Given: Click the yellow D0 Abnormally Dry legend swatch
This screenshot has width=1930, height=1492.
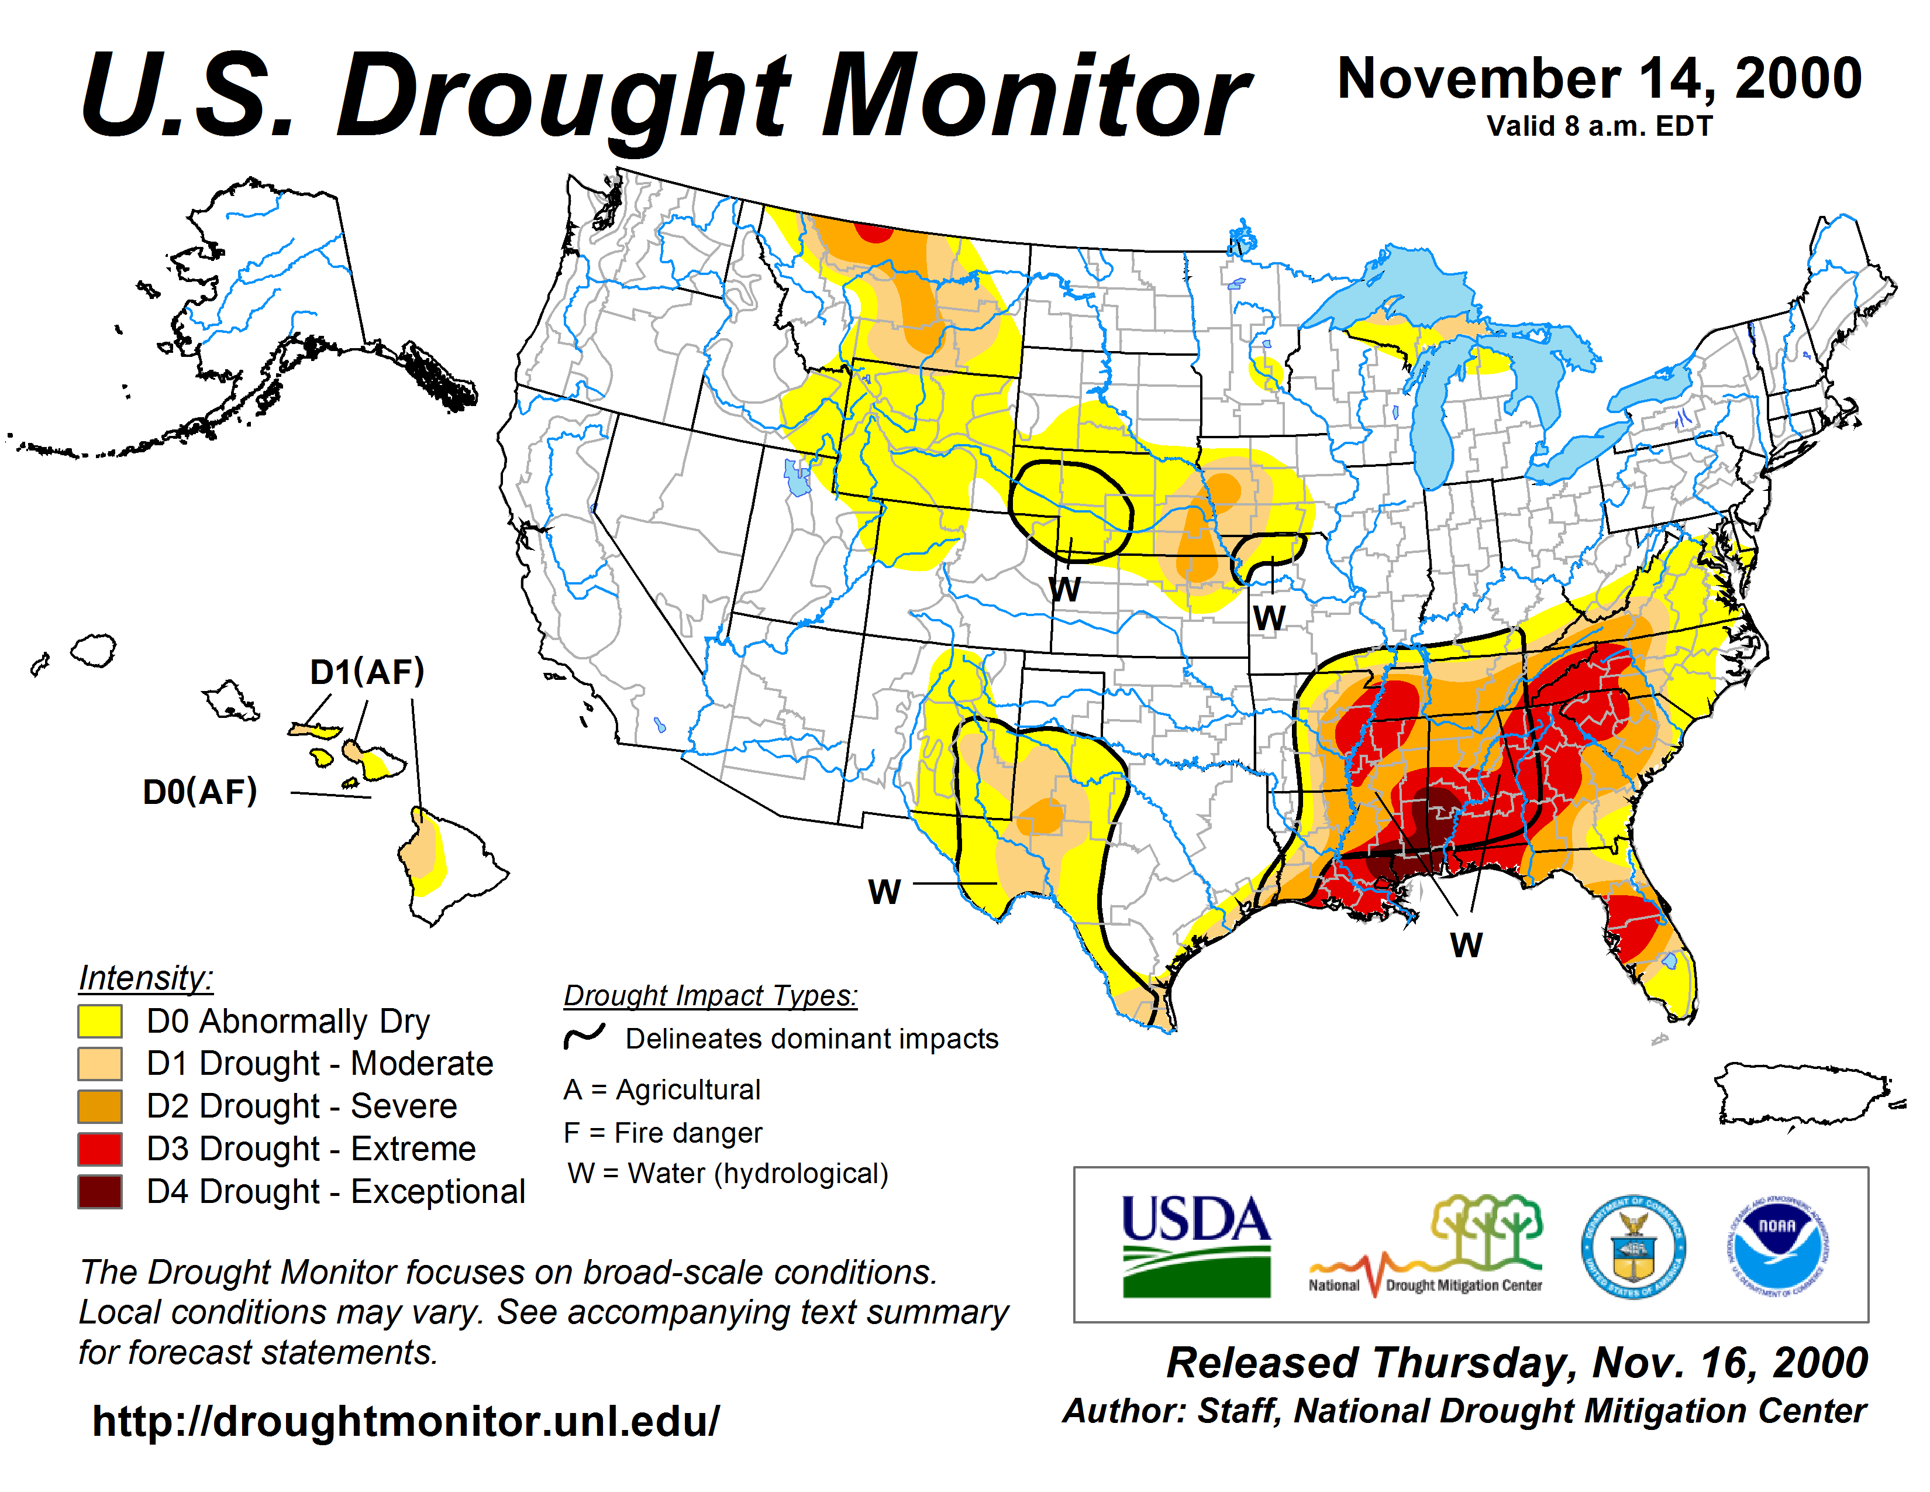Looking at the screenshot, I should [100, 1021].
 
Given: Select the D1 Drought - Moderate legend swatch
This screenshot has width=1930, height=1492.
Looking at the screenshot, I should [100, 1063].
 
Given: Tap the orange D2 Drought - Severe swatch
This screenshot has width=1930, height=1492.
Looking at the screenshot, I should [100, 1106].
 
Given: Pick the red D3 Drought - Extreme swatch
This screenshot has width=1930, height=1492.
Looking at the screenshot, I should [100, 1148].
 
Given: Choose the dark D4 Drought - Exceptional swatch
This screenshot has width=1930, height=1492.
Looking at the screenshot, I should [100, 1191].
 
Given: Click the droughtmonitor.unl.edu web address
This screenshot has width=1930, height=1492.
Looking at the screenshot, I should [406, 1421].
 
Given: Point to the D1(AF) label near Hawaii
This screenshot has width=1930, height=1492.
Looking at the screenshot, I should [367, 672].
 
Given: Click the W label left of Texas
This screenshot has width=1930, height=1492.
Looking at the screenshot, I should [884, 892].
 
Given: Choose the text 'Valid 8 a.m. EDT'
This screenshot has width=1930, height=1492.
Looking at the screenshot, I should [1600, 126].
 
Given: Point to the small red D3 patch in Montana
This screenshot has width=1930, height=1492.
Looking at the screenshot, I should [875, 232].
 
